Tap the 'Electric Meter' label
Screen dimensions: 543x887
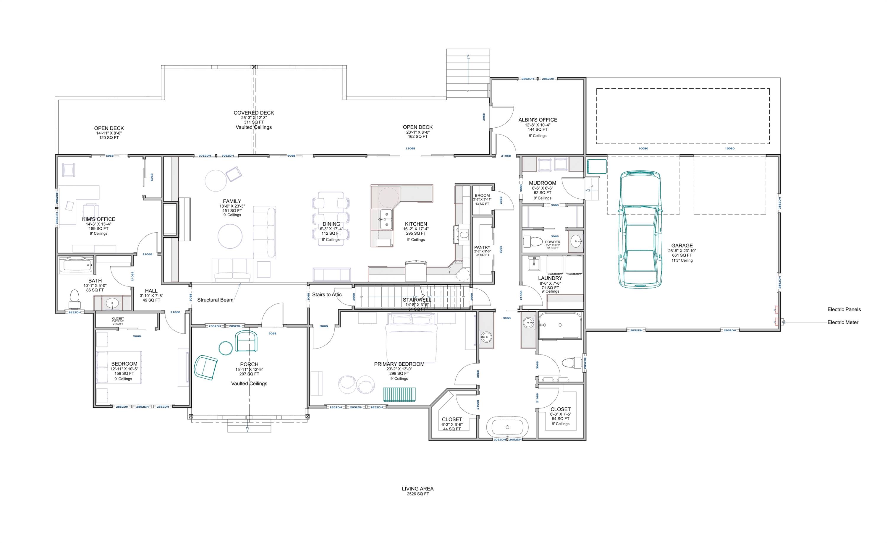click(x=843, y=322)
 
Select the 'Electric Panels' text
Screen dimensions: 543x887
click(x=844, y=309)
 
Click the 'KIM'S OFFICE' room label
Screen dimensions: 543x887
click(x=99, y=219)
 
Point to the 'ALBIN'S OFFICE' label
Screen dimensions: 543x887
click(x=538, y=120)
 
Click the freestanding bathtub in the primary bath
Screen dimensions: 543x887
click(x=507, y=427)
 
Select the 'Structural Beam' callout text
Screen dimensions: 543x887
click(x=215, y=300)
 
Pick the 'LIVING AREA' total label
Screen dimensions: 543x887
click(x=417, y=489)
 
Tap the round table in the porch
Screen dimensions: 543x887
click(x=226, y=348)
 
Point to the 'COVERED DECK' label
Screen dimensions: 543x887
click(x=253, y=113)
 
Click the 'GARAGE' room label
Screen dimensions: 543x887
click(x=682, y=246)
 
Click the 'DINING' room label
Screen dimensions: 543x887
click(x=331, y=224)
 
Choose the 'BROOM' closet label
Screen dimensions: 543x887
click(x=482, y=195)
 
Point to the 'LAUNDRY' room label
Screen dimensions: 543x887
click(x=550, y=278)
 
